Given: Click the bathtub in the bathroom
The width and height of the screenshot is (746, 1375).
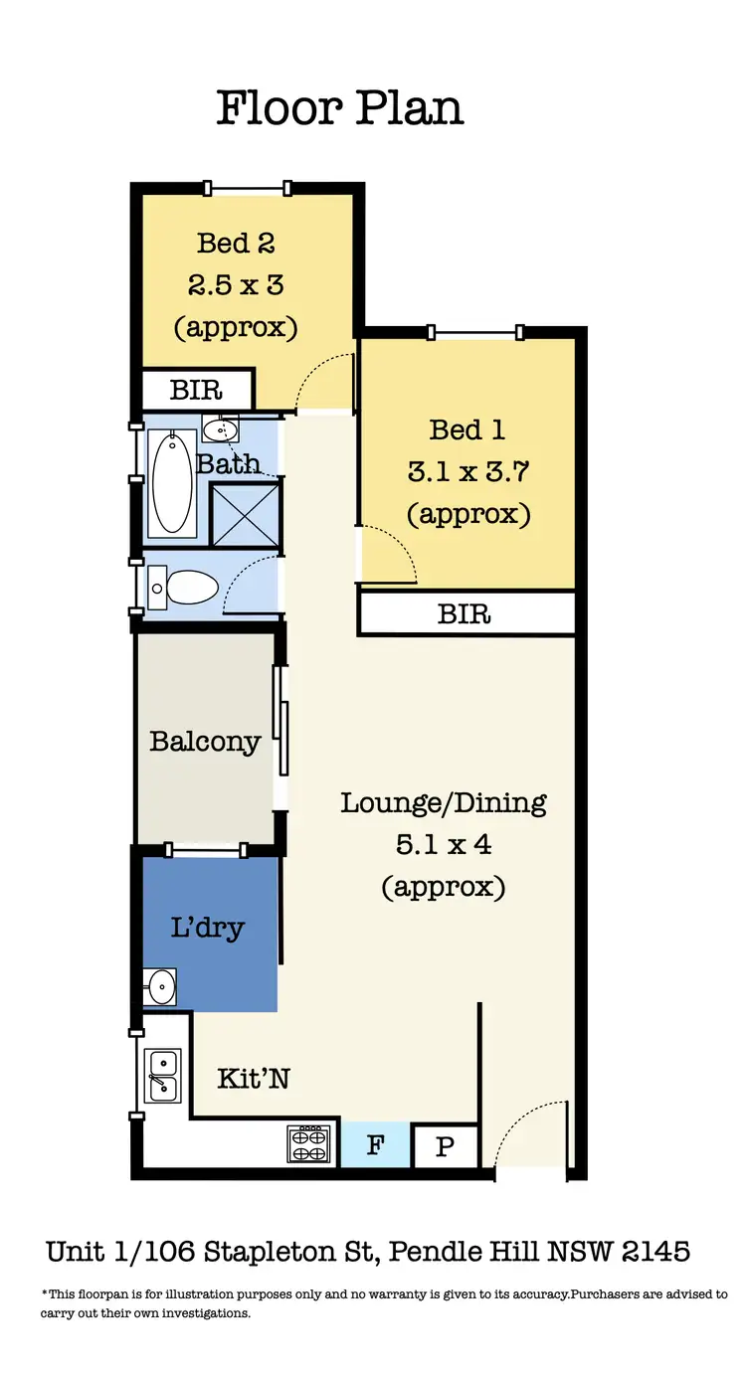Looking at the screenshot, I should click(x=173, y=482).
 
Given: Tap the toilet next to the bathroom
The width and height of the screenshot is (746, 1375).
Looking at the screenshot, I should click(x=186, y=588).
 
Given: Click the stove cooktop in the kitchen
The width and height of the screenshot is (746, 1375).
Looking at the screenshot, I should click(x=308, y=1142).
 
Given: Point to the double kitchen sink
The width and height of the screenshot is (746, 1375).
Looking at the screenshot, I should click(x=161, y=1075).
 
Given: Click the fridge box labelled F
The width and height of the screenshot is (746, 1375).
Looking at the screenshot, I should click(x=375, y=1145).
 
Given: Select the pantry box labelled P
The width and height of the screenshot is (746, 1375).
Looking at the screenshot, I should click(x=445, y=1147).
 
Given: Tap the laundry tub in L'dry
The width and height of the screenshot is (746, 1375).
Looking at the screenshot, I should click(x=159, y=986).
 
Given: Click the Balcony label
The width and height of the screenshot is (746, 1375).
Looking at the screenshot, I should click(x=205, y=742).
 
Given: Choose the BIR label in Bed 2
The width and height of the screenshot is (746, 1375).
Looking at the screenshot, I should click(x=196, y=390).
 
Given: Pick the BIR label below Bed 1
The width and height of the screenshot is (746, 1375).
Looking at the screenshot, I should click(x=465, y=613).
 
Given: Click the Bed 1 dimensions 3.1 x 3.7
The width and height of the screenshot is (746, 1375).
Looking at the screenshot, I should click(x=467, y=472).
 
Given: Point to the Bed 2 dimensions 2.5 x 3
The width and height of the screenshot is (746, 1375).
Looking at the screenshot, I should click(x=236, y=285).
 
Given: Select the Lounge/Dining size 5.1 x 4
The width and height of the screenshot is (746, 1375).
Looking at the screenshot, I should click(x=444, y=845).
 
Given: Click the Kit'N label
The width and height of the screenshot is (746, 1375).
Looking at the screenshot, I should click(x=254, y=1078).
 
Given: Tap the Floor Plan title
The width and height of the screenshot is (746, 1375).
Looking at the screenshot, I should click(x=340, y=107).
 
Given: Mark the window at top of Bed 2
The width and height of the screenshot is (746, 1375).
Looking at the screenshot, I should click(x=247, y=187).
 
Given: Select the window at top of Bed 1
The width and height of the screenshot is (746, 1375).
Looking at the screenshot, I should click(x=474, y=332).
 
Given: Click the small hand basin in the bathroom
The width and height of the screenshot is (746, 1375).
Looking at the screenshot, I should click(x=221, y=429).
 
